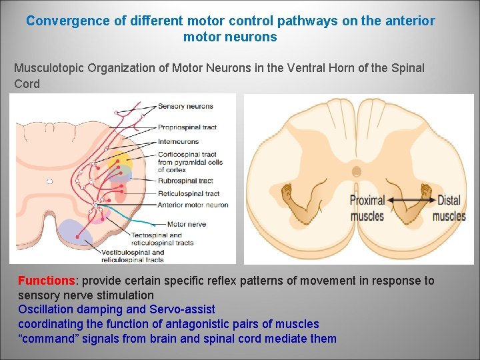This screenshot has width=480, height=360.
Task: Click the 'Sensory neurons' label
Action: click(x=185, y=107)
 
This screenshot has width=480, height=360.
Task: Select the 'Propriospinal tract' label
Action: click(x=187, y=127)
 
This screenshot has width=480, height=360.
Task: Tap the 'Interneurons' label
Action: click(x=178, y=141)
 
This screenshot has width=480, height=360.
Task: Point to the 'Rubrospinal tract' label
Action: click(x=185, y=181)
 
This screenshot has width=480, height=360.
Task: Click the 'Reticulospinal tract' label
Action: click(x=189, y=193)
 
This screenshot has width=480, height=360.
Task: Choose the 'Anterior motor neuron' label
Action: click(x=193, y=205)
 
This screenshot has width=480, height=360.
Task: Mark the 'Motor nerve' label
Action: click(x=186, y=224)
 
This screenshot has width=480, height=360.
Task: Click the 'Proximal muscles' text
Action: click(x=367, y=207)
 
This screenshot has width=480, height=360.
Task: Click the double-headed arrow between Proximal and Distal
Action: click(x=411, y=200)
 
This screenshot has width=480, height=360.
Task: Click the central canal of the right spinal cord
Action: click(x=357, y=171)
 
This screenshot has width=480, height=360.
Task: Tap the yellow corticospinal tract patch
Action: click(x=120, y=160)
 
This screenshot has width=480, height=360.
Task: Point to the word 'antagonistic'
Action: click(x=190, y=324)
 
